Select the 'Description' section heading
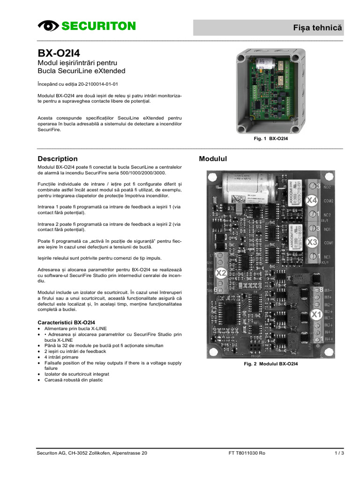point(57,159)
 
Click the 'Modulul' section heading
point(213,159)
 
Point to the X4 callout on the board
point(312,201)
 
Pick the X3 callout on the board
point(312,242)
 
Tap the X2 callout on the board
point(221,273)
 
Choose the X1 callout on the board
point(316,314)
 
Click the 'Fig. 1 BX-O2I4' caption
point(270,139)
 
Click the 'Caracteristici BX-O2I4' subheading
point(66,322)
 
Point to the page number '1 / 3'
point(339,453)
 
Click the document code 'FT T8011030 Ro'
point(247,453)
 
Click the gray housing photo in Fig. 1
point(270,90)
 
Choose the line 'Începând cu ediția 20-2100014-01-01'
point(78,84)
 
